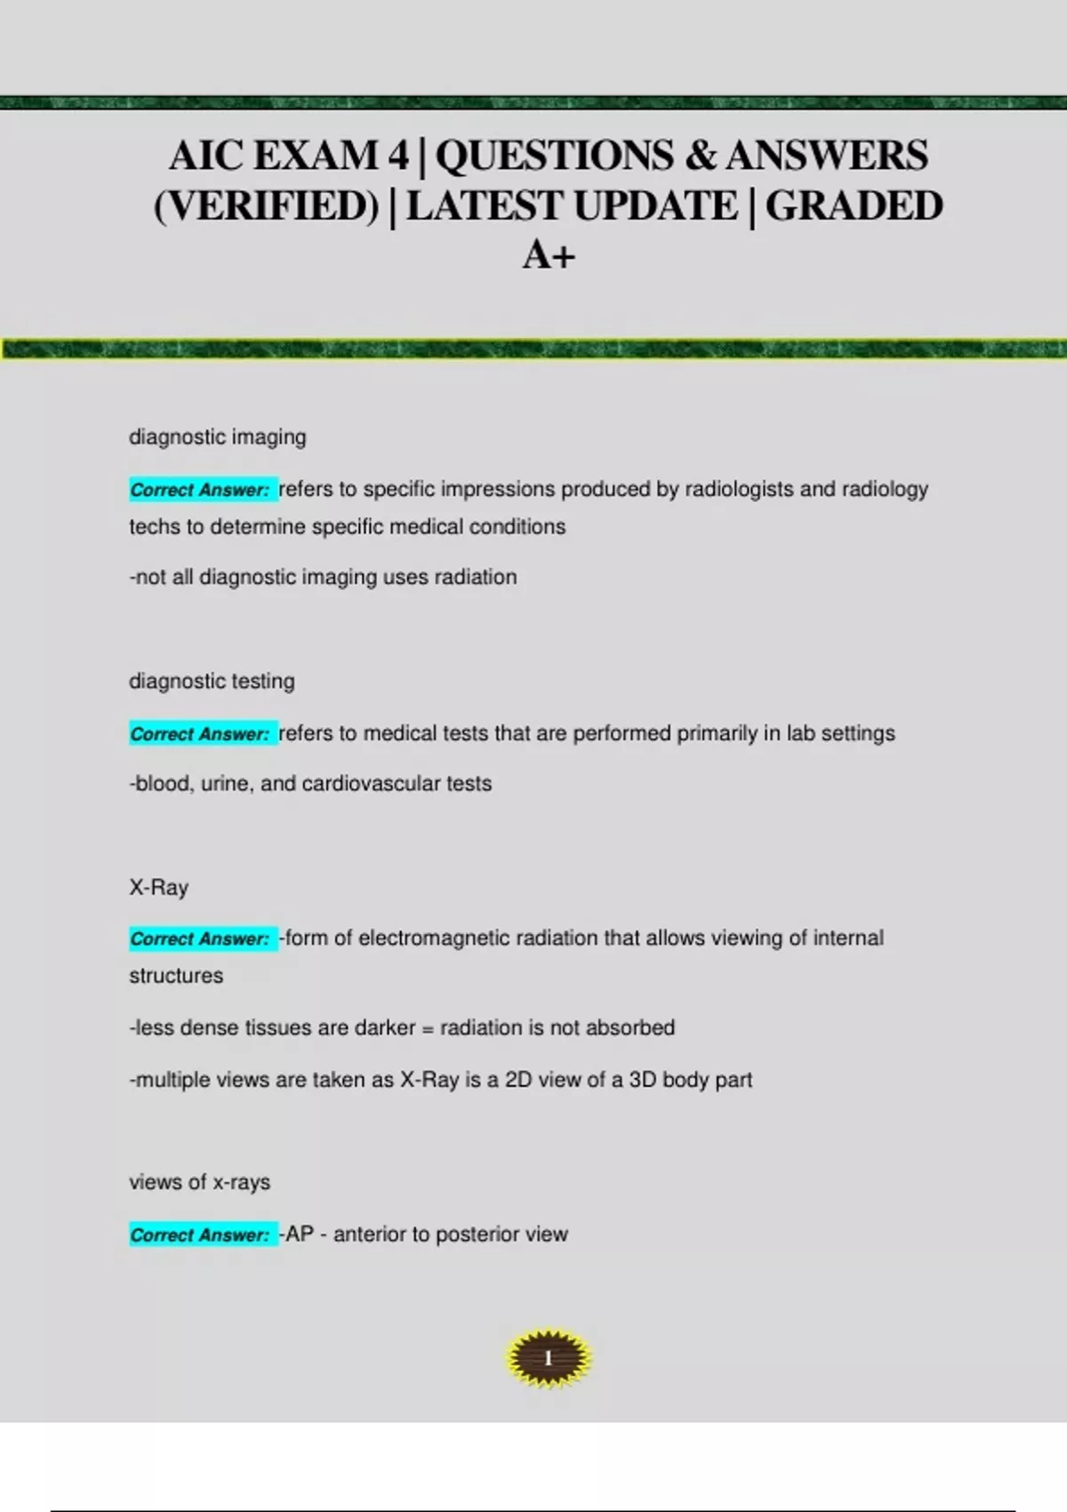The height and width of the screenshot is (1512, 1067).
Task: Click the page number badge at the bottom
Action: tap(548, 1358)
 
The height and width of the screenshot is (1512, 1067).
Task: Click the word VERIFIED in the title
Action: tap(267, 206)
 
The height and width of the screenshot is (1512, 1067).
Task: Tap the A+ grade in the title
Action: tap(549, 256)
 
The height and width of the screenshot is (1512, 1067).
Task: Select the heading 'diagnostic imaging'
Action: tap(218, 437)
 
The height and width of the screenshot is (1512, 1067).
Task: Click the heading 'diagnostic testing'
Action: tap(212, 681)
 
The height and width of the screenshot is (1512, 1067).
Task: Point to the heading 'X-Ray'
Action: tap(159, 888)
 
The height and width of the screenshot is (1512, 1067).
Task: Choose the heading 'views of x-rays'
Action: tap(199, 1182)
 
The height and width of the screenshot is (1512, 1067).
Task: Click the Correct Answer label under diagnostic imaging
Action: tap(201, 490)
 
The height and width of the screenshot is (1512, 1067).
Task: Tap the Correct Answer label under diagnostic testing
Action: tap(201, 734)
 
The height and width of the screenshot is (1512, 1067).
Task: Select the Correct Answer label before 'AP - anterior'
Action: tap(201, 1235)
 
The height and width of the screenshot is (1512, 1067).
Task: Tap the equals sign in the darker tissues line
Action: tap(428, 1029)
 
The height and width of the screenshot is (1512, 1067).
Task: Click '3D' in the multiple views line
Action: tap(642, 1080)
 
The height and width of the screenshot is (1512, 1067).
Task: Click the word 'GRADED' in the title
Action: tap(854, 206)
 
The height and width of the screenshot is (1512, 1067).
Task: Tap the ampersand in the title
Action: tap(700, 156)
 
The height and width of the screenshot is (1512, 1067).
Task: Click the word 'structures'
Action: tap(176, 976)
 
